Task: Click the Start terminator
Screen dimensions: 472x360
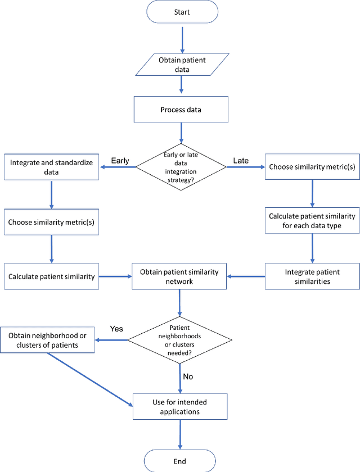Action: (181, 12)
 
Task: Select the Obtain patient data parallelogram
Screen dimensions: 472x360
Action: (181, 65)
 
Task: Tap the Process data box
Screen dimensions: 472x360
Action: (181, 110)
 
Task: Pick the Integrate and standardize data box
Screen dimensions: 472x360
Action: (51, 167)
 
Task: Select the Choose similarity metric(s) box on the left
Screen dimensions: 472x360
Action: (51, 222)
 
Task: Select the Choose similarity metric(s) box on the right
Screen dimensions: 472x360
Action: (312, 167)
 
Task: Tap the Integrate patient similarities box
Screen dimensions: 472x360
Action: (312, 276)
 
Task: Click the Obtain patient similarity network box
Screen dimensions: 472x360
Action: (180, 276)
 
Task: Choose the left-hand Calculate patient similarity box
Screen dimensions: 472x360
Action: (51, 276)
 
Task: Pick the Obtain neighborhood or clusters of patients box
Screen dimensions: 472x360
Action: (47, 339)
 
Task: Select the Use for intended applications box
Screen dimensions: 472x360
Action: (180, 407)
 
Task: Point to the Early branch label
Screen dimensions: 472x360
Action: (119, 161)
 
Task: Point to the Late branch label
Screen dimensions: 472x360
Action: (241, 161)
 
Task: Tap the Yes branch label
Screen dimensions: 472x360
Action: (116, 329)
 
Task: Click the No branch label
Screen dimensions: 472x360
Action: (188, 376)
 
